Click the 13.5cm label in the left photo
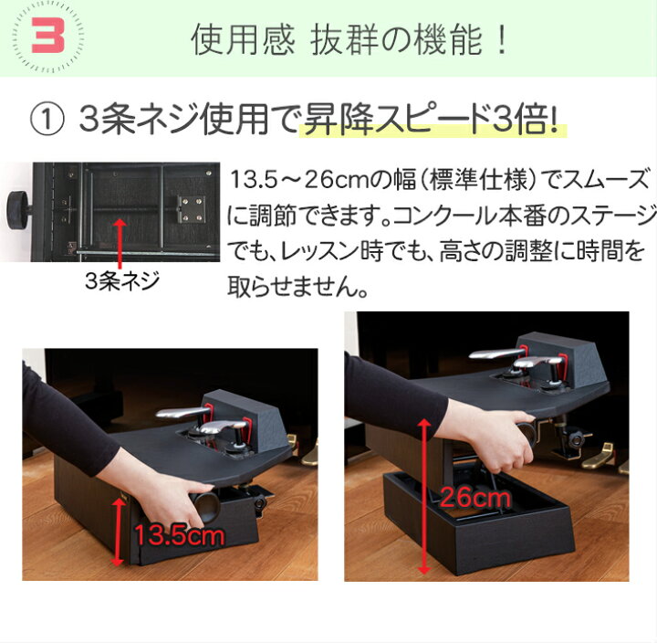click(179, 536)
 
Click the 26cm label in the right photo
click(474, 499)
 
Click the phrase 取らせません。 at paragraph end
click(297, 290)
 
